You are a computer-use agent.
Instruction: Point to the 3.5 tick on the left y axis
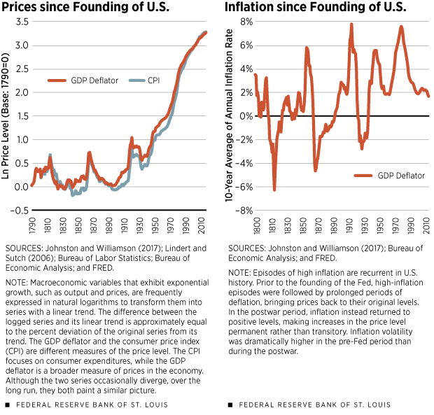pyautogui.click(x=20, y=22)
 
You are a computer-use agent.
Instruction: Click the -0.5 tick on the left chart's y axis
pyautogui.click(x=19, y=210)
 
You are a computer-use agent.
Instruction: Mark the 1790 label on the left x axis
pyautogui.click(x=32, y=224)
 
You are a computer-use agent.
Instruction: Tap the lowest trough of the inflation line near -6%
pyautogui.click(x=274, y=189)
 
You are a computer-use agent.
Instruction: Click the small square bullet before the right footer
pyautogui.click(x=231, y=405)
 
